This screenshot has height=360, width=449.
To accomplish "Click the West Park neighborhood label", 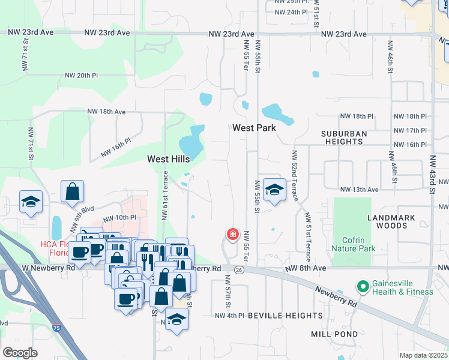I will tap(254, 128).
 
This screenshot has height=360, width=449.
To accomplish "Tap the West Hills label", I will tap(169, 159).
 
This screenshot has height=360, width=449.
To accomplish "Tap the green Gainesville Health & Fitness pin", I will tap(362, 287).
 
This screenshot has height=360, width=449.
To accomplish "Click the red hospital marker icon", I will tap(232, 235).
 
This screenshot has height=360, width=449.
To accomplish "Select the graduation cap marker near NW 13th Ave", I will tap(274, 191).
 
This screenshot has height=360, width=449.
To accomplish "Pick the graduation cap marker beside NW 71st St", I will tap(30, 202).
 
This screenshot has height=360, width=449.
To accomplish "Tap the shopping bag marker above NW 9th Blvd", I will tap(72, 191).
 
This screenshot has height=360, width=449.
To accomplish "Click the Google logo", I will tap(20, 352).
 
